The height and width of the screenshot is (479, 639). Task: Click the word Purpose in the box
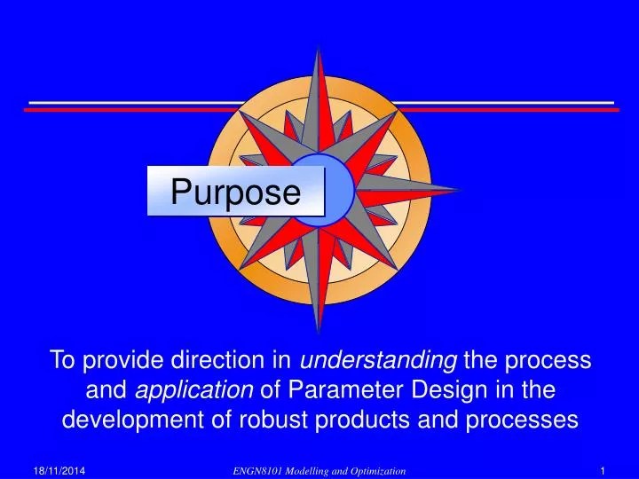point(235,192)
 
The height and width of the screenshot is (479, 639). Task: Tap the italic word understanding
point(379,359)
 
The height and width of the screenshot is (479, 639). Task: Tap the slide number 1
point(603,468)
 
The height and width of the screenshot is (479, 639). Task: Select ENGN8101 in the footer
point(256,468)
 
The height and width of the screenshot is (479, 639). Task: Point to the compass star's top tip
point(319,46)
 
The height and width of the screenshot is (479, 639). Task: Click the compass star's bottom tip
point(319,334)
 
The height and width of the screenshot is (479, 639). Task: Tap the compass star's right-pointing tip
point(460,189)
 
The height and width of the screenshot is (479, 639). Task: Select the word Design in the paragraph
point(445,389)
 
